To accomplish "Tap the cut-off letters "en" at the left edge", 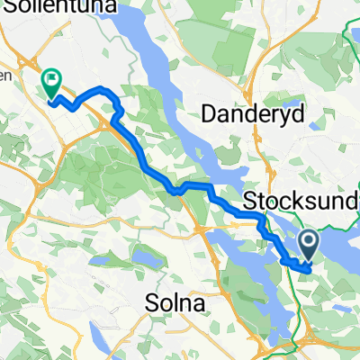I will pyautogui.click(x=4, y=76).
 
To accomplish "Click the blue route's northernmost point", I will pyautogui.click(x=103, y=89).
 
